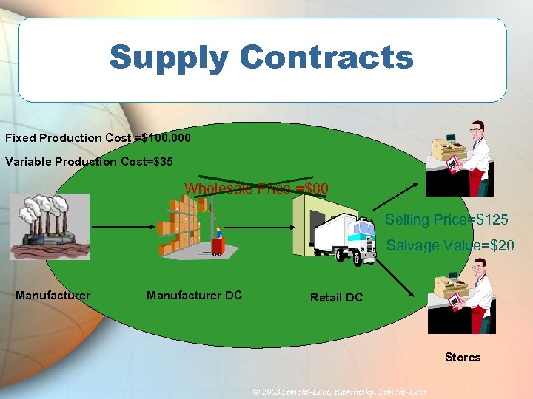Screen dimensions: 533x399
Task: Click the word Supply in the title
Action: pyautogui.click(x=168, y=57)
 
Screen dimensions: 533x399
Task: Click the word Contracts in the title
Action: pyautogui.click(x=326, y=57)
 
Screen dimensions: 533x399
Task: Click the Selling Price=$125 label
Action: pyautogui.click(x=446, y=219)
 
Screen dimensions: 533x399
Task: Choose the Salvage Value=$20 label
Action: pyautogui.click(x=450, y=245)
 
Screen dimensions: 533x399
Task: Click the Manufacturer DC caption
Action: pyautogui.click(x=194, y=296)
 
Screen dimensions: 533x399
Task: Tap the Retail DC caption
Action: pyautogui.click(x=336, y=297)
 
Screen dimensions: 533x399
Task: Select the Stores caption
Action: pyautogui.click(x=463, y=358)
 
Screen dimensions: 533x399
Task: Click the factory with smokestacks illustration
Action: pyautogui.click(x=49, y=225)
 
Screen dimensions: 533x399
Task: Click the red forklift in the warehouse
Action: pyautogui.click(x=218, y=243)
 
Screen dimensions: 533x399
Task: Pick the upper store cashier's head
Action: pyautogui.click(x=477, y=133)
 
